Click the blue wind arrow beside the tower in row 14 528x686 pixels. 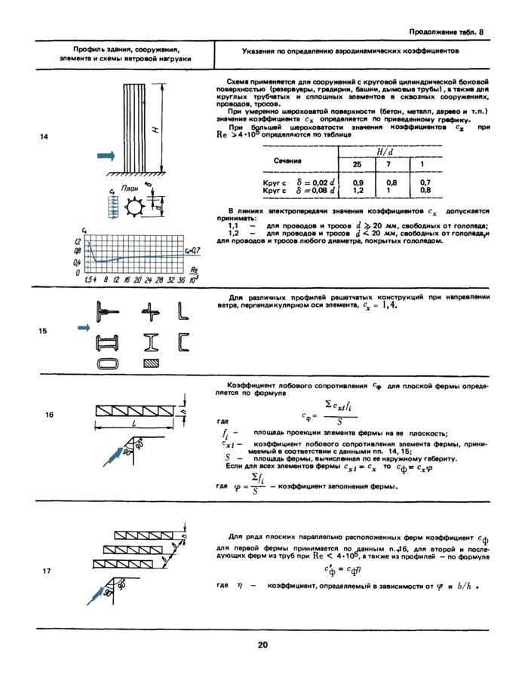click(106, 155)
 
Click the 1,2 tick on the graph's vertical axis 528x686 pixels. click(77, 242)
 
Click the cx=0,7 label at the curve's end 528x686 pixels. click(191, 250)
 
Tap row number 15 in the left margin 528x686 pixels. click(46, 330)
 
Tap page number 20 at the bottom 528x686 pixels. click(262, 645)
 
